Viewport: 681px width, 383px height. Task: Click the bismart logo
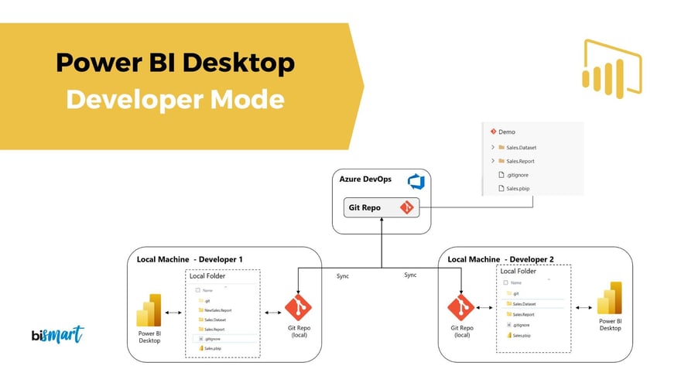(58, 335)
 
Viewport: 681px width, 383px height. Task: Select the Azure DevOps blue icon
(416, 181)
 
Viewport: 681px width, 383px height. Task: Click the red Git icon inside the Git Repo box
(406, 207)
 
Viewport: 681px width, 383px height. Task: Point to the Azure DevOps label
(365, 180)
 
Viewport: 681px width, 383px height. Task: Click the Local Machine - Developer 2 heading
(501, 258)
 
